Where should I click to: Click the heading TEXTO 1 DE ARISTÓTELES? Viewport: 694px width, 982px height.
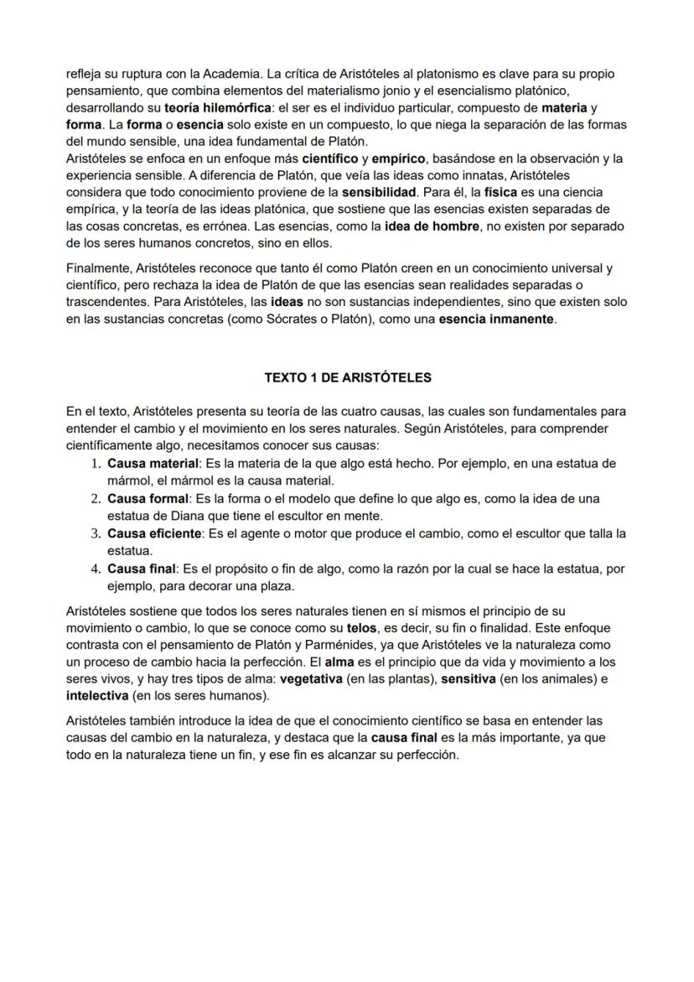tap(348, 377)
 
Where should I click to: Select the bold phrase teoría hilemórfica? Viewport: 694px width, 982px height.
tap(211, 108)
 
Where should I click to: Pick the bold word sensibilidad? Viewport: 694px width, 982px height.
tap(379, 192)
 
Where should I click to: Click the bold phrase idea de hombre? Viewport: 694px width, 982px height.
tap(432, 226)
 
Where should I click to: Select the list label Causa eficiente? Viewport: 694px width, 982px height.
tap(153, 533)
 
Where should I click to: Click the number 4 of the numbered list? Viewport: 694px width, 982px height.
tap(95, 568)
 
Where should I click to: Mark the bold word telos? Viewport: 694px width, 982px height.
tap(361, 627)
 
